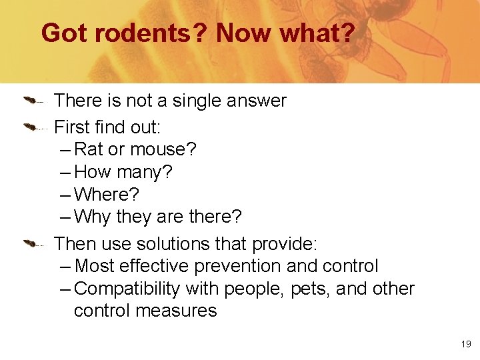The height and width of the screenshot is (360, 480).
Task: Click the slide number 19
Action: click(465, 344)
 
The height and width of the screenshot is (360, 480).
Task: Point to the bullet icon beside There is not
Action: click(33, 101)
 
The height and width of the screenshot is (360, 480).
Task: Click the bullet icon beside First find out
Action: click(33, 125)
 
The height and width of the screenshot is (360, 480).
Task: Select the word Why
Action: click(93, 217)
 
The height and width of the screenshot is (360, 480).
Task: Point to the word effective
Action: click(158, 266)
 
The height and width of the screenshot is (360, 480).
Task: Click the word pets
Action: click(311, 289)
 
